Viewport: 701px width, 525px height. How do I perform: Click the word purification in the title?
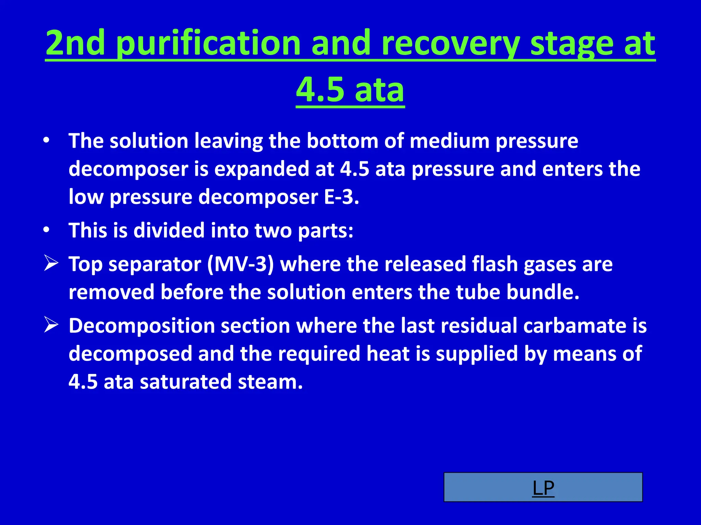point(207,43)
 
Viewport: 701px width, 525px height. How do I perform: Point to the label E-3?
point(341,197)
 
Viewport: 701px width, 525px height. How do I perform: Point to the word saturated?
point(186,382)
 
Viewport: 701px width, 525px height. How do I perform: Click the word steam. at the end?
point(270,382)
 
